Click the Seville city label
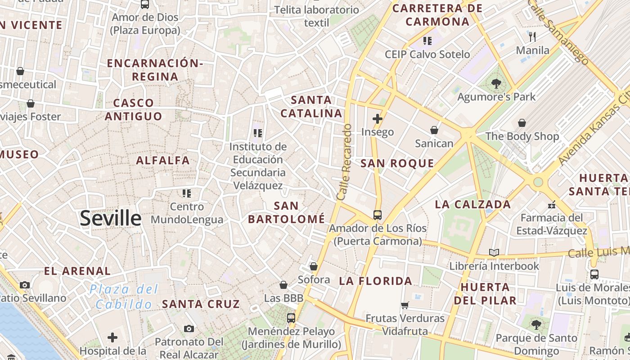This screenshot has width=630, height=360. coord(111,218)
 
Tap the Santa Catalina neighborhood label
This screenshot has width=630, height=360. coord(311,107)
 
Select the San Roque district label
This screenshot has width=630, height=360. coord(397,163)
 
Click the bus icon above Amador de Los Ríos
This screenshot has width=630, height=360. coord(377,215)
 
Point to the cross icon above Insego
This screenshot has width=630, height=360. coord(377,119)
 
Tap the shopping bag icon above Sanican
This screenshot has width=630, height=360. coord(434,130)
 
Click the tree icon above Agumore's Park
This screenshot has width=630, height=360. coord(496,83)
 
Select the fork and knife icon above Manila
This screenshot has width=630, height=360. coord(532,36)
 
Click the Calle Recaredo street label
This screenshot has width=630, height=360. coord(344,162)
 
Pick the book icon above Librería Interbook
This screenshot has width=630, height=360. coord(494,252)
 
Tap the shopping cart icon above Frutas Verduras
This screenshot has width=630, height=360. coord(405,305)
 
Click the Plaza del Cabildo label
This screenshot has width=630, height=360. coord(124,296)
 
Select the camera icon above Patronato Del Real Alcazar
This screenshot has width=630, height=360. coord(189,328)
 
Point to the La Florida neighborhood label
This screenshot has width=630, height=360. coord(375,281)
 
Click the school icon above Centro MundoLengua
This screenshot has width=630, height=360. coord(187,193)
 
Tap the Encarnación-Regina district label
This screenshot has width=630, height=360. coord(155,70)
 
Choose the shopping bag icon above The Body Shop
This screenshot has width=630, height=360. coord(522,123)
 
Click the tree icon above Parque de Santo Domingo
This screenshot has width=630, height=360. coord(535,324)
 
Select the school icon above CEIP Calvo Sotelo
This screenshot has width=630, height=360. coord(427,41)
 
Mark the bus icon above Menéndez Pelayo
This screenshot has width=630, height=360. coord(291,318)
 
